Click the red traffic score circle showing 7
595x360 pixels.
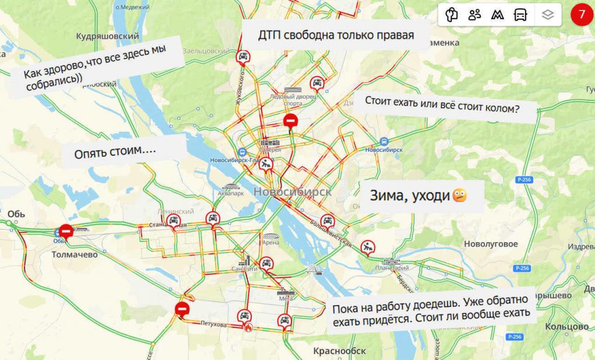coord(581,15)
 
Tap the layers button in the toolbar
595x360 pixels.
coord(547,15)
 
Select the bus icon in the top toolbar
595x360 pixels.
coord(520,15)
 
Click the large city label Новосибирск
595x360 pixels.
coord(292,192)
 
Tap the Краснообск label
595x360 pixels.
coord(339,351)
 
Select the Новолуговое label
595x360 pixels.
coord(491,243)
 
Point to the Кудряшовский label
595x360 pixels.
coord(107,36)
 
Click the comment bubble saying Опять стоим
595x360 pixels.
coord(116,153)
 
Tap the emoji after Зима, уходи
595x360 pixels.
coord(460,195)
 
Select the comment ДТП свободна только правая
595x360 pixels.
coord(336,35)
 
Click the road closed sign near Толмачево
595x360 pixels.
coord(66,232)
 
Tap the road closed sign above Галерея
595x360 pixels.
coord(290,121)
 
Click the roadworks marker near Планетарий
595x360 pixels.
coord(367,247)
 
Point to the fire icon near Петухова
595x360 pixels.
coord(249,328)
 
